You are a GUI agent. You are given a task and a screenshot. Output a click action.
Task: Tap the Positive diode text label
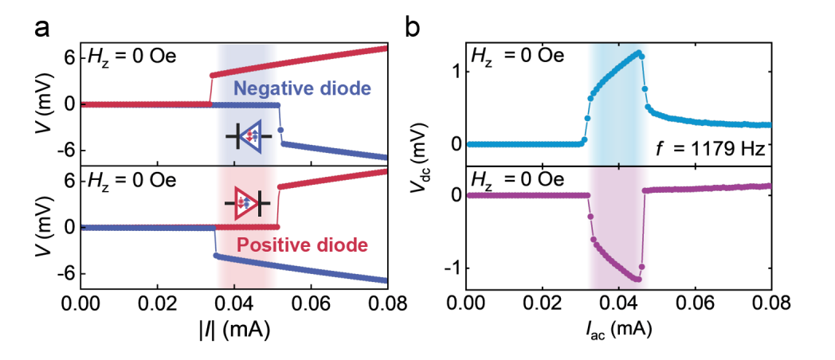302,245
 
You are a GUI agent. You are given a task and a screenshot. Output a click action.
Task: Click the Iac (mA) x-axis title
617,331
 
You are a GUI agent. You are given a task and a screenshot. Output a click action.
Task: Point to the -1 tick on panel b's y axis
451,268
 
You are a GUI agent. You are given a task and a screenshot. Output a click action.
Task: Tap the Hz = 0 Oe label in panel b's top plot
515,56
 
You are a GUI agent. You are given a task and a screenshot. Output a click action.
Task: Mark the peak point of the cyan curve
638,53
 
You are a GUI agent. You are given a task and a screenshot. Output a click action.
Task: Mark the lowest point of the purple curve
638,279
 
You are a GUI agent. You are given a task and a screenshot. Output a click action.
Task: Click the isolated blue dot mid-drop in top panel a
280,130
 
